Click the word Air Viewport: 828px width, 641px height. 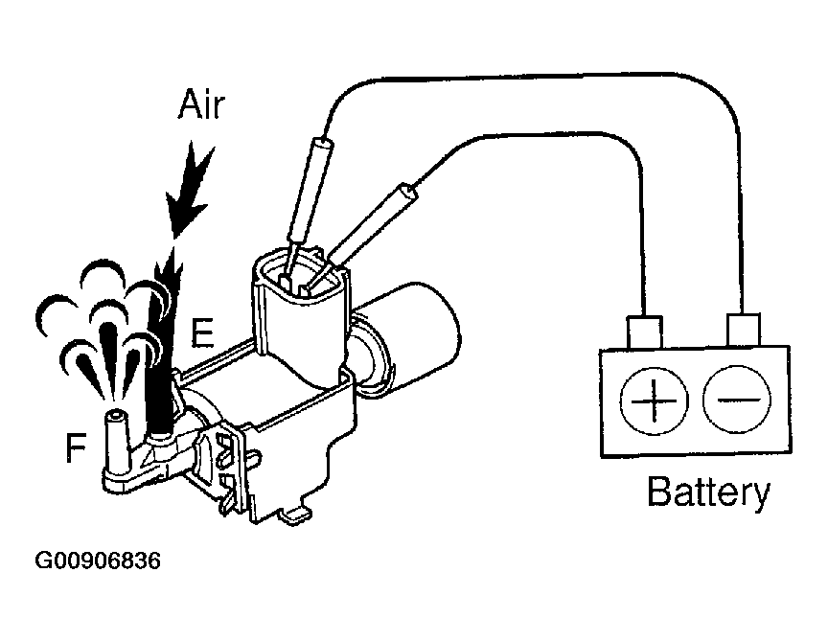(x=201, y=106)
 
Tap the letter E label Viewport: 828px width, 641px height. (x=201, y=332)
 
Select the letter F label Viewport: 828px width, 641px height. (x=75, y=448)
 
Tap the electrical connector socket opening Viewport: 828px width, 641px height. (x=297, y=277)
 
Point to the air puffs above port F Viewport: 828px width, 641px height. (x=96, y=326)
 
